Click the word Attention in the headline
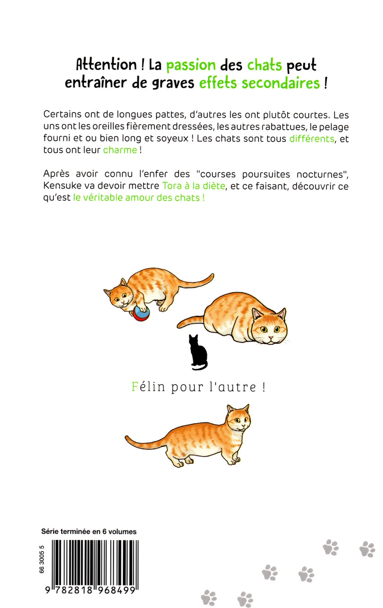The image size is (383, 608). coord(106,65)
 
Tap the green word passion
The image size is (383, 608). coord(191,66)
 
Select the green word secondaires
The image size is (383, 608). coord(281,82)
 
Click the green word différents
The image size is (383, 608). coord(311,139)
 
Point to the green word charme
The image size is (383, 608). coord(120,150)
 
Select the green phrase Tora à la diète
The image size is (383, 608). coord(194,186)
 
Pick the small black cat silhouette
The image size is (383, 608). coord(198,352)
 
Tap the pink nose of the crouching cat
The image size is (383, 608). coord(271,338)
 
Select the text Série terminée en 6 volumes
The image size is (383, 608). coord(89,531)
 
